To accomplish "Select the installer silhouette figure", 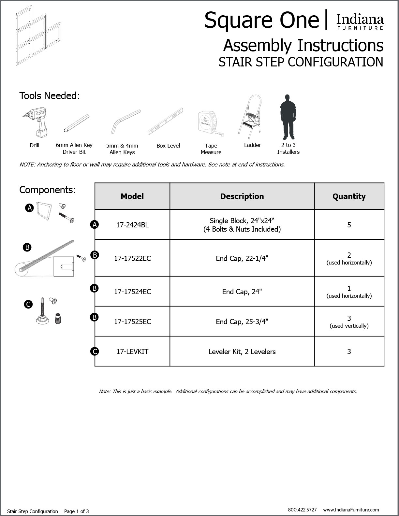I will pos(287,117).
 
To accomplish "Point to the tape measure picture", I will pos(210,123).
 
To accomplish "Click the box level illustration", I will pos(165,121).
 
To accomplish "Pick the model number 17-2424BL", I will pos(132,225).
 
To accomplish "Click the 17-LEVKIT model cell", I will pos(132,351).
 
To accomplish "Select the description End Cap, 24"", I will pos(242,292).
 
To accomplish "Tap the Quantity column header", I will pos(349,196).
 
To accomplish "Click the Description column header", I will pos(242,196).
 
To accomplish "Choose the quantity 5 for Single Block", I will pos(349,225).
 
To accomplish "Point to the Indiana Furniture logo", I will pos(360,22).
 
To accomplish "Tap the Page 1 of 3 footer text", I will pos(76,511).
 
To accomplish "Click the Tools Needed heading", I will pos(50,96).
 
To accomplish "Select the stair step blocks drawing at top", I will pos(37,36).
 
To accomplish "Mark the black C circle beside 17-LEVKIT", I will pos(95,351).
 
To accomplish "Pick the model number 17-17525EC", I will pos(132,322).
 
